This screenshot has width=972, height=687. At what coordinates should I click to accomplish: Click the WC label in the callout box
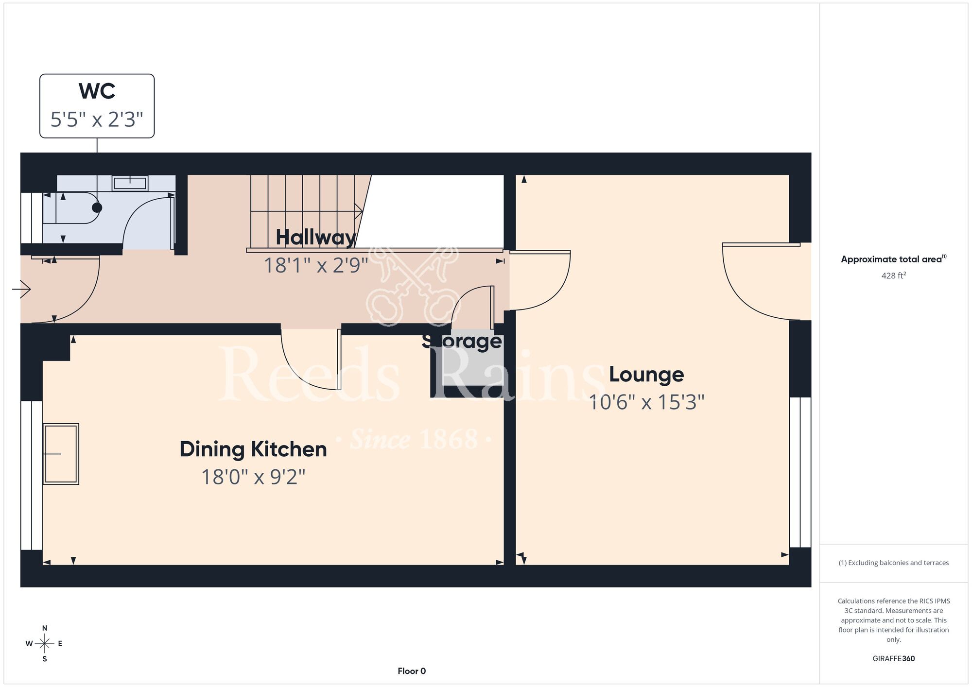coord(97,91)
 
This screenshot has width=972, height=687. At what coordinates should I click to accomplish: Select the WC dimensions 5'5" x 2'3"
coord(97,119)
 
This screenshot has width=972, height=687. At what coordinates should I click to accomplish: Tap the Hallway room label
coord(316,237)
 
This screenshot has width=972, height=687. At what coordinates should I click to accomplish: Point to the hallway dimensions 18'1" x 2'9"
coord(316,265)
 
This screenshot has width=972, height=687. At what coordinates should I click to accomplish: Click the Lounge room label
coord(646,375)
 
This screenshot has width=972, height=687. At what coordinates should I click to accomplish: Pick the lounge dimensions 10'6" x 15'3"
coord(646,402)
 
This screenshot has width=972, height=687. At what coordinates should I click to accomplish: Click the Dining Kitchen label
coord(253,449)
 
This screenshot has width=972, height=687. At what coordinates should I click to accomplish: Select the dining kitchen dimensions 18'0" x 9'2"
coord(253,477)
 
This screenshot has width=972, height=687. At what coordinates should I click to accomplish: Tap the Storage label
coord(462,341)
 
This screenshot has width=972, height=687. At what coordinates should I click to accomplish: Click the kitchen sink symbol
coord(61,454)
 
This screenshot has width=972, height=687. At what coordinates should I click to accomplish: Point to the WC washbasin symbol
coord(130,183)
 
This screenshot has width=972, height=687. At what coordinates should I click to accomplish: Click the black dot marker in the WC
coord(97,207)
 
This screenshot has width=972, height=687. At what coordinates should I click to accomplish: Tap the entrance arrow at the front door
coord(21,290)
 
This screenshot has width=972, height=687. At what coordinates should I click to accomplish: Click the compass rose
coord(44,644)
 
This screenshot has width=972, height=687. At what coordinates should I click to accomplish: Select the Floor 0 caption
coord(412,671)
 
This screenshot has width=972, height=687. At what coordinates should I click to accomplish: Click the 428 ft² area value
coord(894,275)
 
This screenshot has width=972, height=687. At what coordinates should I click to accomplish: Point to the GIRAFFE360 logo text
coord(894,659)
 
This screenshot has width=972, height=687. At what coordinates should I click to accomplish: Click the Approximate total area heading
coord(894,259)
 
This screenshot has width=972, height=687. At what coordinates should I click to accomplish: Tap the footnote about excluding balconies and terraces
coord(894,563)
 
